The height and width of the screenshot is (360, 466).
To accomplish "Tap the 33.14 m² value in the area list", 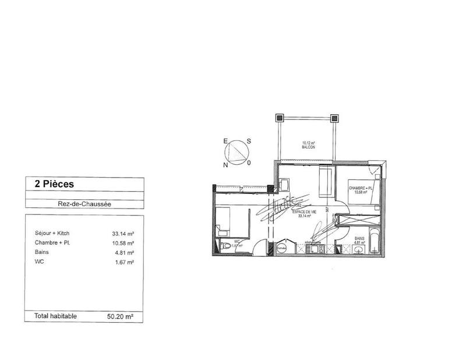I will coord(123,234).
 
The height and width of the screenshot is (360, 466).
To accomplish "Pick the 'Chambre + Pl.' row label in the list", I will coord(52,243).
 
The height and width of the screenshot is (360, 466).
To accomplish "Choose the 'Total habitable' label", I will coord(56,316).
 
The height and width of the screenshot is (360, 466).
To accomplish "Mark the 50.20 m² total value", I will coord(121,317).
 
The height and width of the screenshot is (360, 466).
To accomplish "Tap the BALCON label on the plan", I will coord(308,148).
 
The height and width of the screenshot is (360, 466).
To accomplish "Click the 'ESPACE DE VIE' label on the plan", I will coord(303,211).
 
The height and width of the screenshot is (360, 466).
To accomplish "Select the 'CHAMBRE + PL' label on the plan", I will coord(361,188).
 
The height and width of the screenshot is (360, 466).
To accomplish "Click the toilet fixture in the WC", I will coord(226,246).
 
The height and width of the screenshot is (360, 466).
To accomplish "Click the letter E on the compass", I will coord(225,141).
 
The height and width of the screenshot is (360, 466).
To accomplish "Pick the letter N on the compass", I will coord(225,165).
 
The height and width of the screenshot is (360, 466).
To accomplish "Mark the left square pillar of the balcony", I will coord(280,117).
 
